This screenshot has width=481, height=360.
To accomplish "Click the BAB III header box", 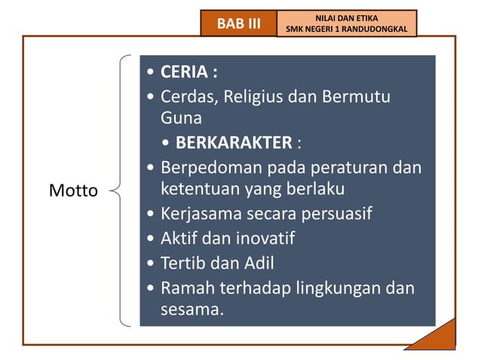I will point(238,23).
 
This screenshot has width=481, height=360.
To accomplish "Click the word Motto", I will point(73,191).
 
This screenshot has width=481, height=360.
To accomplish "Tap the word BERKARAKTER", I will point(234,142).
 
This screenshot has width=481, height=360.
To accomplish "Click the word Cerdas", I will point(187,97).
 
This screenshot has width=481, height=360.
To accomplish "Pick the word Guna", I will point(181,118).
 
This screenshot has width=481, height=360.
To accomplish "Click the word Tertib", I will point(181,263).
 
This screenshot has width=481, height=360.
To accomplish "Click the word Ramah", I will point(185,288).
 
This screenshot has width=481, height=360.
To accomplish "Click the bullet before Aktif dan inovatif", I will point(153,239).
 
